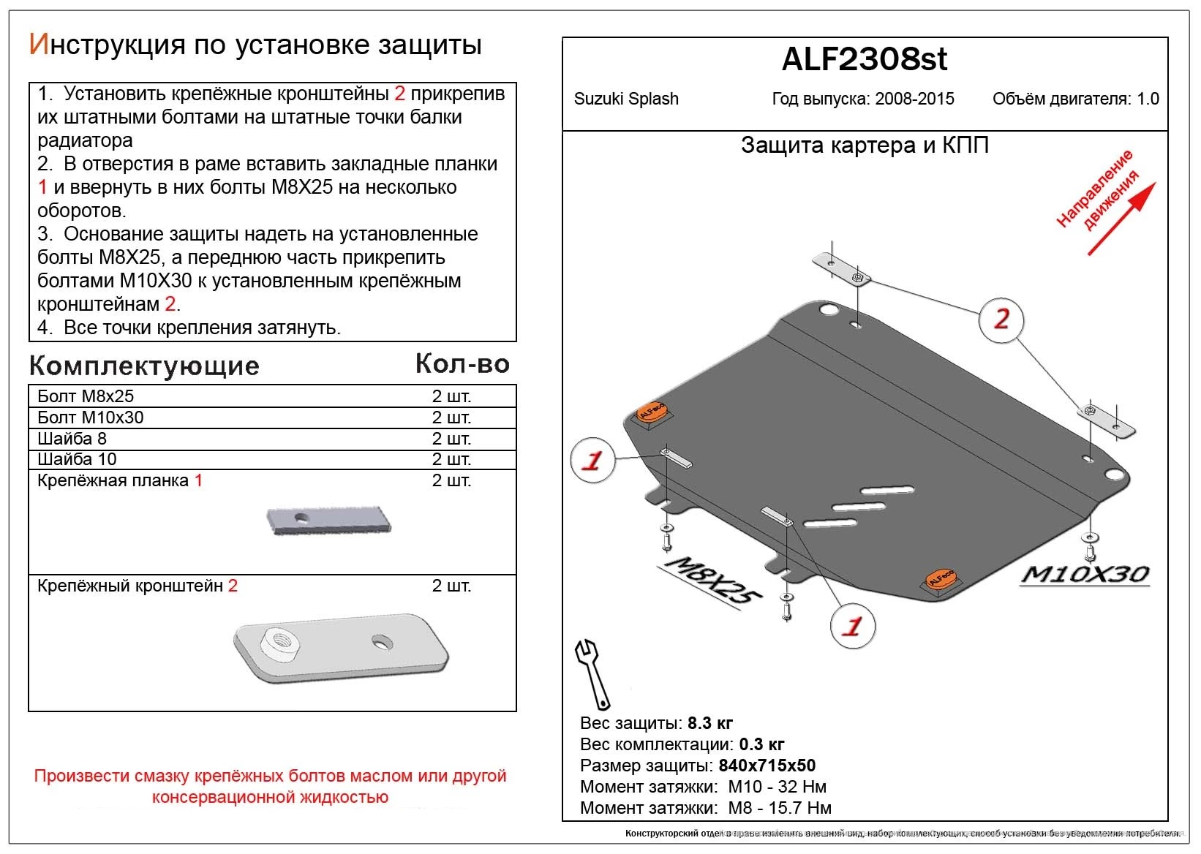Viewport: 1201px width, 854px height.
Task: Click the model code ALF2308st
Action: click(864, 60)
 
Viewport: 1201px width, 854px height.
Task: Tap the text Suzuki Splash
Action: click(626, 99)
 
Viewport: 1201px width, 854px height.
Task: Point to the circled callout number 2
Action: click(1001, 318)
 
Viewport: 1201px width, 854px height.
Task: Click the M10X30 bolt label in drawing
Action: click(1085, 574)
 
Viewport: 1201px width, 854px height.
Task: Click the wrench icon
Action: click(593, 673)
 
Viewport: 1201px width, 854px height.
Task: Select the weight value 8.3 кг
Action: click(710, 724)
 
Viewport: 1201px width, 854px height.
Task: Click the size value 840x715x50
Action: click(767, 766)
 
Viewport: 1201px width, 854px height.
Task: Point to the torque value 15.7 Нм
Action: click(800, 808)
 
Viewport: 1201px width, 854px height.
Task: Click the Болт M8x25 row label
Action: click(86, 396)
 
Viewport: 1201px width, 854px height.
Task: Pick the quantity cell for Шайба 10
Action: click(451, 459)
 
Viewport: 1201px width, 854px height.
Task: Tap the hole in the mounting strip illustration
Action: click(301, 518)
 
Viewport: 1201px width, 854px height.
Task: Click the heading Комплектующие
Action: click(144, 366)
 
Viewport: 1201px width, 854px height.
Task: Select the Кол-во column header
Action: click(462, 363)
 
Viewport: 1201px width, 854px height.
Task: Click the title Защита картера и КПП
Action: click(865, 146)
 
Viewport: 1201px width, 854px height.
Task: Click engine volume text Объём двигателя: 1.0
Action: click(1075, 99)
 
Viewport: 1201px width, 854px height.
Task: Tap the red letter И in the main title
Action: click(38, 45)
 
